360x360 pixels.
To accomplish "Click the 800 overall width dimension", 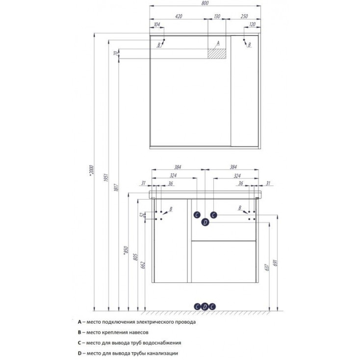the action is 205,3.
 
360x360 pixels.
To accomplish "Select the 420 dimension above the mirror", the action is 179,16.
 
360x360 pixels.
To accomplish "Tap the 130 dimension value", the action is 217,16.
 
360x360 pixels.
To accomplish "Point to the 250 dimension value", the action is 244,16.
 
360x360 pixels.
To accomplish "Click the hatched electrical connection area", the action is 217,54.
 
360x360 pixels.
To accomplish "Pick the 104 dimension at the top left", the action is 157,25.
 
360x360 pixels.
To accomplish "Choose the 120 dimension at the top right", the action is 252,25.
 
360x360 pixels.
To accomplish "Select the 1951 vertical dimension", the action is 106,178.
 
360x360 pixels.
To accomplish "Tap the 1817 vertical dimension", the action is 116,188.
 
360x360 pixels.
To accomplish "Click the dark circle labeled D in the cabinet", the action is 205,222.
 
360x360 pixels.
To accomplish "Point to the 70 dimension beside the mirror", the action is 116,53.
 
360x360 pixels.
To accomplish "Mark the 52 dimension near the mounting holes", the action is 142,215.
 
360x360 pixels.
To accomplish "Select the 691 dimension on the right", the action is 276,263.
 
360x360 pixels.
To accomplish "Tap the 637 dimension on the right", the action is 267,267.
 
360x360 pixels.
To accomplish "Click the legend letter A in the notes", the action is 79,322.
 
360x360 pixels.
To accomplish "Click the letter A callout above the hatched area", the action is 218,43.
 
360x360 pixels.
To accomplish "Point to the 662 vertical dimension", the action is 143,265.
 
